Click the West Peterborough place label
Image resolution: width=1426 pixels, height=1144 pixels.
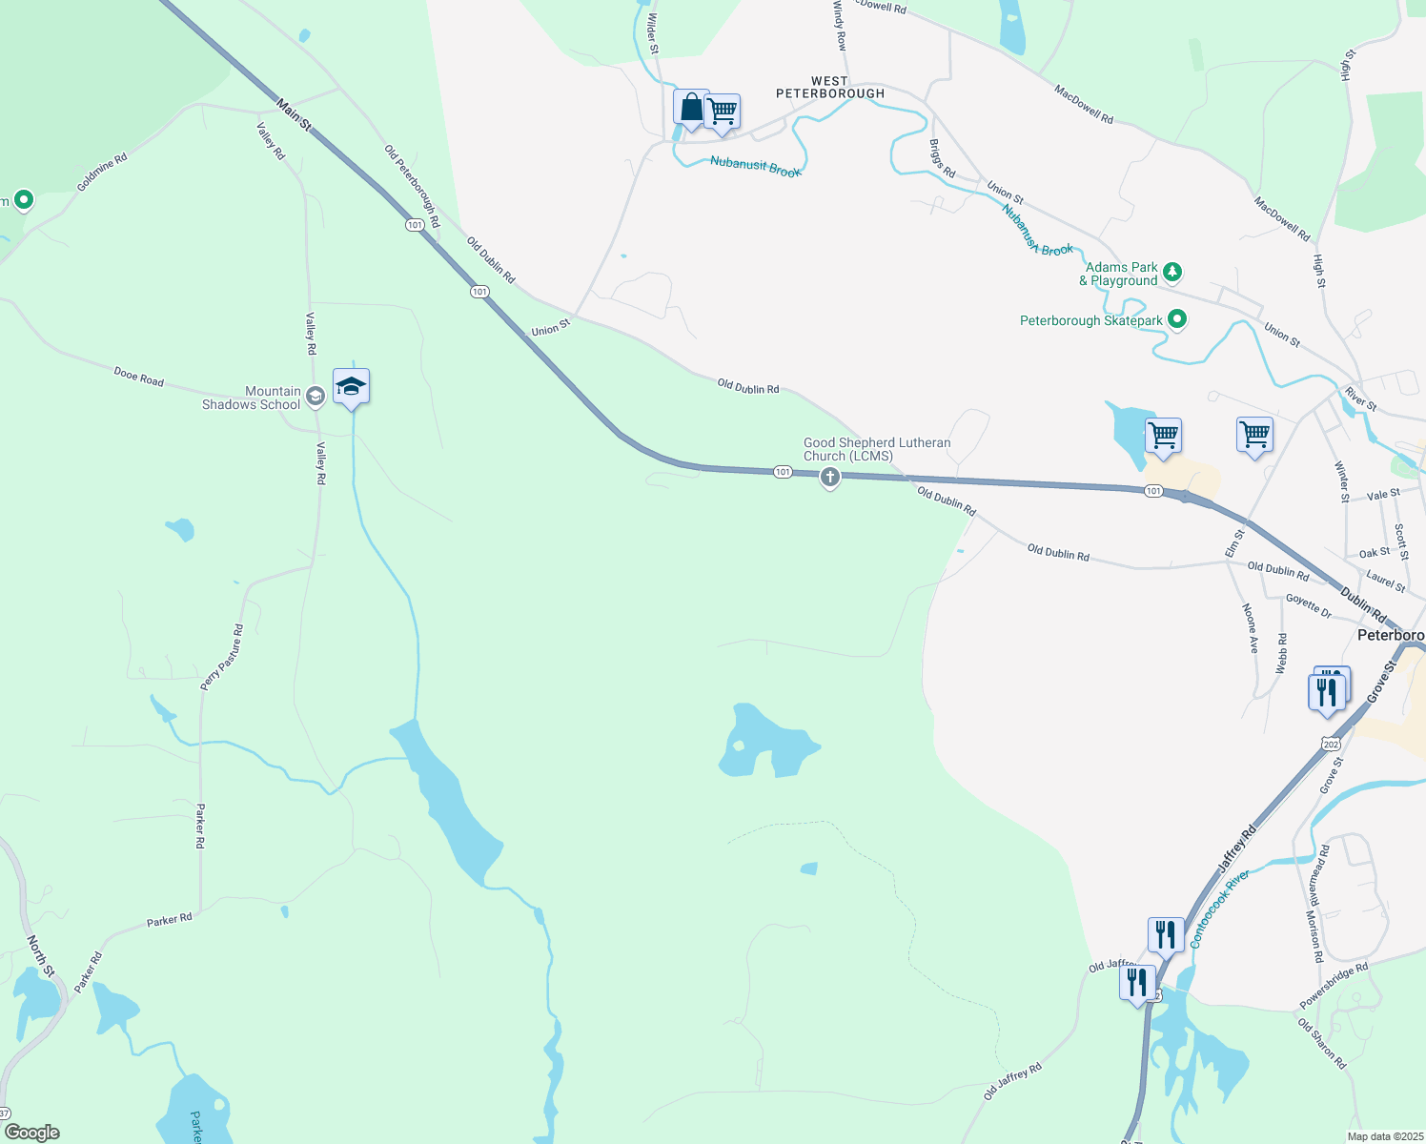click(x=829, y=88)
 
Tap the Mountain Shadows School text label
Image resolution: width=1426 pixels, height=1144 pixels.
click(x=251, y=398)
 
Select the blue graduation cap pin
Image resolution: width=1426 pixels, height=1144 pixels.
click(x=351, y=387)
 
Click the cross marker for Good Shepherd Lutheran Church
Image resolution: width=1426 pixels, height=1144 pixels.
click(x=830, y=477)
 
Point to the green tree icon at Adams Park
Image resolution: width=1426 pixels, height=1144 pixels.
click(x=1173, y=272)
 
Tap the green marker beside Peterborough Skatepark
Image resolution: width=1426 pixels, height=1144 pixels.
click(x=1177, y=319)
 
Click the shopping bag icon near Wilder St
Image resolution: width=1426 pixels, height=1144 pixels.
click(x=690, y=108)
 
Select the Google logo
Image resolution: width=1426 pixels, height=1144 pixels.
click(x=32, y=1133)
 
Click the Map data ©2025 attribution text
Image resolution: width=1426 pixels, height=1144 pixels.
click(x=1384, y=1136)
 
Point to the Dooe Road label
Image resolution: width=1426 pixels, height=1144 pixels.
click(x=138, y=378)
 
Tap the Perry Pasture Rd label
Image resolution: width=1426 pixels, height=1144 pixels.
click(x=222, y=657)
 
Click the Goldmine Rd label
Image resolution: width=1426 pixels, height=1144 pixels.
click(x=102, y=173)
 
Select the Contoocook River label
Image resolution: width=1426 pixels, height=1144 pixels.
click(x=1219, y=909)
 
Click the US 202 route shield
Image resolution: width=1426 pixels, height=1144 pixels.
click(x=1332, y=743)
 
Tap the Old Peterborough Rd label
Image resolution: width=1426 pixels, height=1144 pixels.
click(x=412, y=186)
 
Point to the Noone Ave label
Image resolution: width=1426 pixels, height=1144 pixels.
click(x=1251, y=627)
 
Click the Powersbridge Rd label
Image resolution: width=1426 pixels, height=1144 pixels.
click(x=1334, y=986)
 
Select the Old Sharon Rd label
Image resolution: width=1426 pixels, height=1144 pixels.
click(x=1322, y=1043)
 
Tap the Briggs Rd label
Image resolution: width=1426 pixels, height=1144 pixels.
click(x=942, y=158)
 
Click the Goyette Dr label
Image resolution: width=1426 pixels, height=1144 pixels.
click(x=1308, y=605)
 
